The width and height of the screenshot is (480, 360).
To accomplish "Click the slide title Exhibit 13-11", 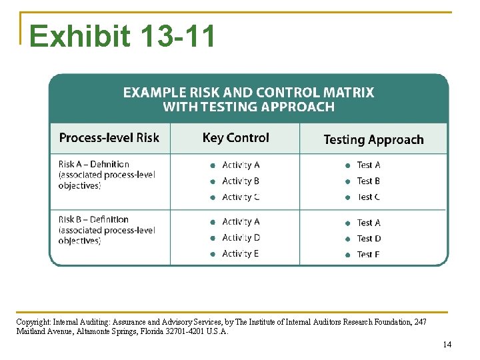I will click(x=123, y=36).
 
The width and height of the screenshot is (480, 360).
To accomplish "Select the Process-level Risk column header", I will click(x=109, y=138).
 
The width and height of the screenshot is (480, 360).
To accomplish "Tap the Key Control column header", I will click(x=235, y=138).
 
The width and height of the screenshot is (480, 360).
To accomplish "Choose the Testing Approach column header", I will click(x=373, y=139).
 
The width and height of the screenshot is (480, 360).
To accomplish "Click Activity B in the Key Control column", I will click(x=241, y=181).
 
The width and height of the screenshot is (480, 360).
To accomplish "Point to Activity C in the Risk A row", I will click(x=241, y=197).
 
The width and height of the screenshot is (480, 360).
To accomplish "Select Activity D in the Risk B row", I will click(x=241, y=237).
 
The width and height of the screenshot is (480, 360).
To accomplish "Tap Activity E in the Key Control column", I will click(x=241, y=253).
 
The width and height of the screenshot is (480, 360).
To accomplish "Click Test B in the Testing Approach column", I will click(x=369, y=181).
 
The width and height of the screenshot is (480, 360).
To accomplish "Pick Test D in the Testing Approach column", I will click(x=369, y=238).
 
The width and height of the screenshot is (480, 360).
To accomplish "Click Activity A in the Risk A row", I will click(x=241, y=165).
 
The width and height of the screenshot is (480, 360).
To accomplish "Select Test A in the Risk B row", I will click(x=369, y=223).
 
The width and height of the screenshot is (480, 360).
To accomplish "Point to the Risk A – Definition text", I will click(x=94, y=164).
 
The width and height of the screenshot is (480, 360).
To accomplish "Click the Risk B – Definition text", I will click(x=94, y=219).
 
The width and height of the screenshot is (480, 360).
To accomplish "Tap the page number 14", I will click(x=447, y=345).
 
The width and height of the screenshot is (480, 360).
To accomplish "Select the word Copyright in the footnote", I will click(x=32, y=322).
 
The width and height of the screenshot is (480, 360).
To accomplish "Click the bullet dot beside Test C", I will click(x=347, y=197).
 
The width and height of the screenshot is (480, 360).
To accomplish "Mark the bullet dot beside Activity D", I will click(x=212, y=238).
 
